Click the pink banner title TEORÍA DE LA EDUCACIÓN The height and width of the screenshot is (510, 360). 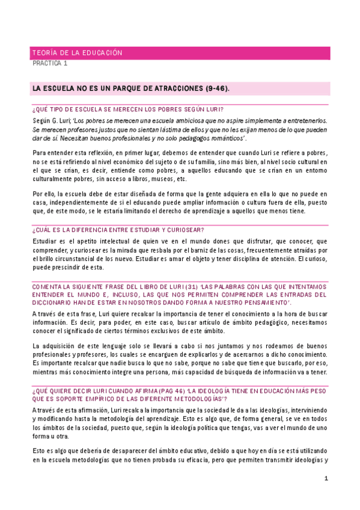[x=77, y=53]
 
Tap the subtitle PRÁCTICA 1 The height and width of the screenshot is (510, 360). [x=50, y=63]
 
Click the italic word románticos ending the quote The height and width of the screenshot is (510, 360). [x=230, y=138]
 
